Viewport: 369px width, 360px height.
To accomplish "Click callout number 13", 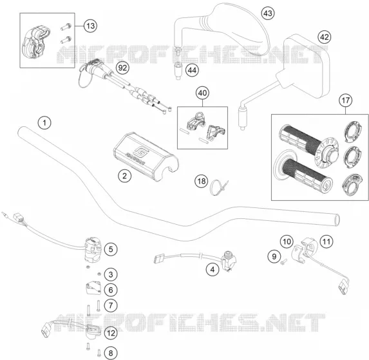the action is (91, 26).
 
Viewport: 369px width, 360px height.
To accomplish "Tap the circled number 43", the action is (268, 13).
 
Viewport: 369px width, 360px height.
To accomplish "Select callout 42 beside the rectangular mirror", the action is (325, 37).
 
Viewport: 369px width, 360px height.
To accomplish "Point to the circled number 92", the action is (122, 68).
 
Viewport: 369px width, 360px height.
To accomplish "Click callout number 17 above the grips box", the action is (345, 100).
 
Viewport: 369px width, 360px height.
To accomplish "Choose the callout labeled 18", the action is (202, 181).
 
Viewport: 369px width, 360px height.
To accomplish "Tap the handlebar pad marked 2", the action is (146, 156).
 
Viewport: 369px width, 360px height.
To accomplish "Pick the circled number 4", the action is (213, 269).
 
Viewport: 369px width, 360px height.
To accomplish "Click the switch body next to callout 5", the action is (93, 249).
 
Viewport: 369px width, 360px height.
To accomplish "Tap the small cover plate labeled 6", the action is (93, 289).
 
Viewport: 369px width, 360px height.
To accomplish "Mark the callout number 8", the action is (111, 353).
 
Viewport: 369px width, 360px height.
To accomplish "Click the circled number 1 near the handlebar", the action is (44, 122).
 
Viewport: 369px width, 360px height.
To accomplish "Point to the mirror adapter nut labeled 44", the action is (178, 70).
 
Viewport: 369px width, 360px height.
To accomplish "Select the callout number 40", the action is (202, 93).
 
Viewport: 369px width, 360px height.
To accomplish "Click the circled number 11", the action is (326, 242).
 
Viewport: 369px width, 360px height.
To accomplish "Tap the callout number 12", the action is (111, 333).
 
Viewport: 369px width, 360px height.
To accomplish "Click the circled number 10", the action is (287, 242).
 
